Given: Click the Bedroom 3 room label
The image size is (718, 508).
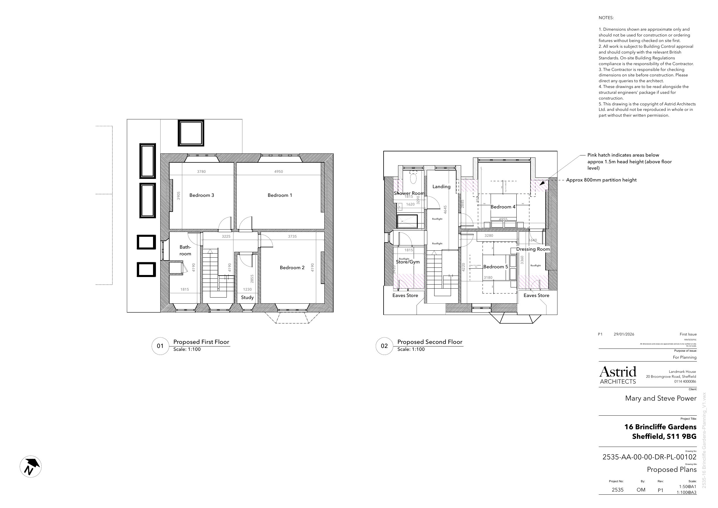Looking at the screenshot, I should [x=202, y=195].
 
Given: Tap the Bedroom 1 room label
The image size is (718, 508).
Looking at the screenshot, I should [x=279, y=195].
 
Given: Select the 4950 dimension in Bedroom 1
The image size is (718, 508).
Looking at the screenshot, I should [x=278, y=172].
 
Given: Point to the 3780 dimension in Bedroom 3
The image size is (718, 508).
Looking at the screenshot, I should [x=201, y=172].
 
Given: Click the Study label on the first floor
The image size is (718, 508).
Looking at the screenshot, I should [x=247, y=297].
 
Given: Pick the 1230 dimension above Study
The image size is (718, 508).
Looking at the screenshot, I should [x=247, y=289].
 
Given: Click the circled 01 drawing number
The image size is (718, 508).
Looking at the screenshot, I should [x=160, y=346].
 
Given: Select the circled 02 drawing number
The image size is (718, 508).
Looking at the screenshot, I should [x=384, y=346].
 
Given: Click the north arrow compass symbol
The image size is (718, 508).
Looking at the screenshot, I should [x=31, y=466].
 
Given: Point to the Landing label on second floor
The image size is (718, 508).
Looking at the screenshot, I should [x=441, y=186].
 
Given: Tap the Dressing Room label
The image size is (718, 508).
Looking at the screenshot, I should [x=533, y=249].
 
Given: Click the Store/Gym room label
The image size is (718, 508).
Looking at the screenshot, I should [x=408, y=262].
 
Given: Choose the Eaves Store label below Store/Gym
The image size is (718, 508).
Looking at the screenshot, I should [x=405, y=296].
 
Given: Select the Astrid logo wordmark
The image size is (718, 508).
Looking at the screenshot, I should [x=618, y=372].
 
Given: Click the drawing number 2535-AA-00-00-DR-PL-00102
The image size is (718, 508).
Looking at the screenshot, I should [x=649, y=457].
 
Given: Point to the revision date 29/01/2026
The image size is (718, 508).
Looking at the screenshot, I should [x=624, y=334].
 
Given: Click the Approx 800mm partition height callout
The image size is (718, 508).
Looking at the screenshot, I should [x=601, y=180].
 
